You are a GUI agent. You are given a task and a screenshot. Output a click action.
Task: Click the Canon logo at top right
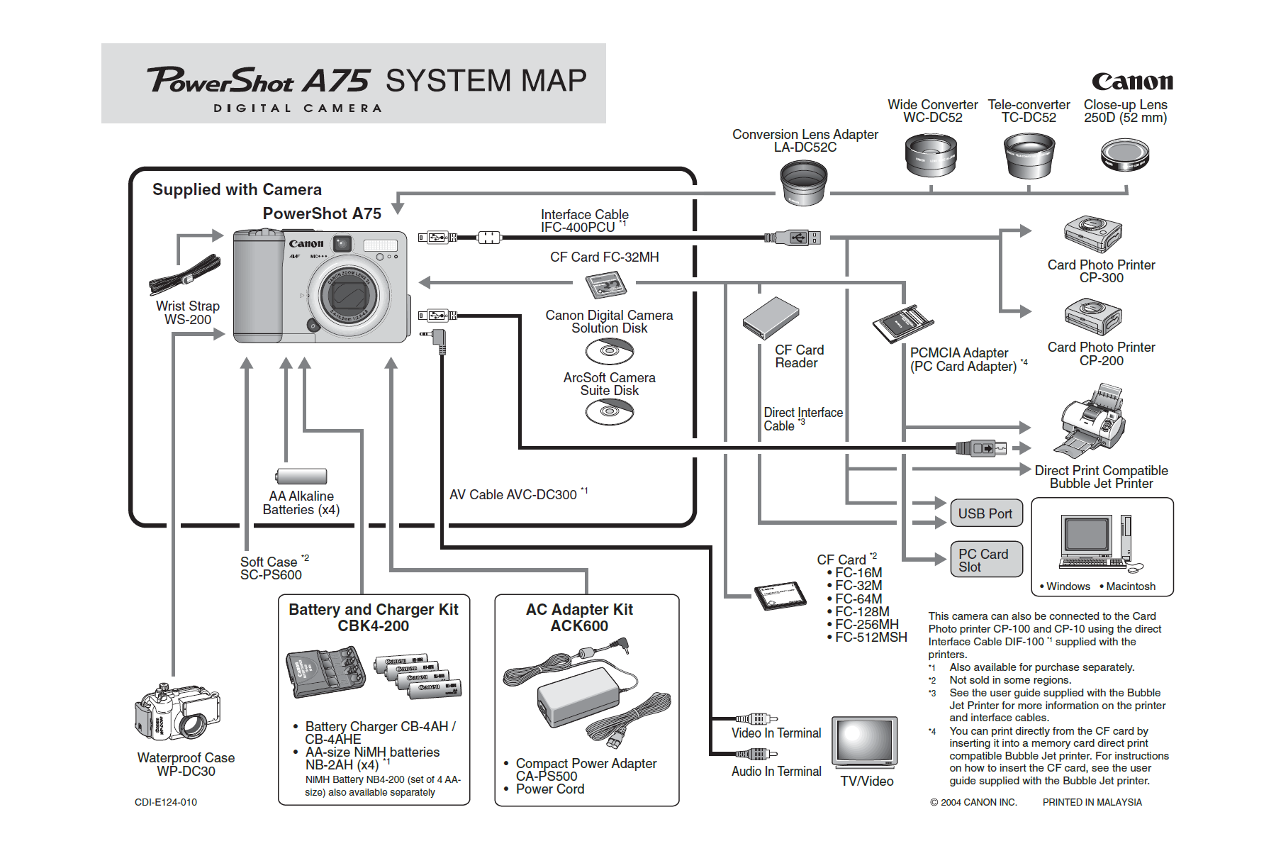[1132, 82]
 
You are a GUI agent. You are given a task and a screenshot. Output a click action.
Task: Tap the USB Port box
[985, 513]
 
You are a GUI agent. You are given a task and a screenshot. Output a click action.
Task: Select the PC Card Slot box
[985, 560]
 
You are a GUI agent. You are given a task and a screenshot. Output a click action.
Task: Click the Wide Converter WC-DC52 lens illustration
[931, 156]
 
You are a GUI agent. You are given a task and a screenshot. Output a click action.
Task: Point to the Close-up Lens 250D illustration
[1125, 155]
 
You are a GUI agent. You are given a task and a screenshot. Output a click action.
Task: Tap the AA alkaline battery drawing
[302, 476]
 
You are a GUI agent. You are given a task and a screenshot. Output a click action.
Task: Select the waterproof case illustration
[178, 712]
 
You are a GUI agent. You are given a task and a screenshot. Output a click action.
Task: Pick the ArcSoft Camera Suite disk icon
[609, 411]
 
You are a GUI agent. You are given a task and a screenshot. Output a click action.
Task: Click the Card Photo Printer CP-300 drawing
[1092, 233]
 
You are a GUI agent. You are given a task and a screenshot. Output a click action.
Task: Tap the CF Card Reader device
[771, 318]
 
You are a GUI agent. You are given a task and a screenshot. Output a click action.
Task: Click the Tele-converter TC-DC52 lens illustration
[1029, 156]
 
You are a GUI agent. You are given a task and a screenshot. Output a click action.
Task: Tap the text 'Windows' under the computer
[1068, 586]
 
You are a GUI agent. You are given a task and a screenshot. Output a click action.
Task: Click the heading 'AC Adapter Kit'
[579, 609]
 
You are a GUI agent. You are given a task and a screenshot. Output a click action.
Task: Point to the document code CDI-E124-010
[166, 802]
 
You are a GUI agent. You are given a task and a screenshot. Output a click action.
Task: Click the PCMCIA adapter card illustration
[902, 323]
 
